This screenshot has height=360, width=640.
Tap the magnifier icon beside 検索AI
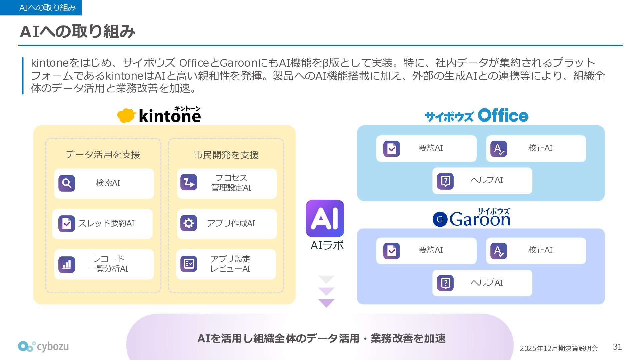point(67,183)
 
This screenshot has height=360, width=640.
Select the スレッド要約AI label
point(106,223)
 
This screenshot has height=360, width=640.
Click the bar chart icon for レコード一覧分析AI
point(67,264)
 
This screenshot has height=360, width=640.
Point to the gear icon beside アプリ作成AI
point(189,223)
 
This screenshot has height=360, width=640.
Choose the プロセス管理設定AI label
point(231,183)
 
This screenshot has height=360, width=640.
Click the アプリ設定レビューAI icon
point(189,264)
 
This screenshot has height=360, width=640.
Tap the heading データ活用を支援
point(103,155)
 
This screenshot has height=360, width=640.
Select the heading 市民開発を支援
point(226,155)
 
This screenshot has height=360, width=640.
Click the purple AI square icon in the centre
point(325,219)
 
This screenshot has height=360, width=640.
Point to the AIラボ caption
point(327,245)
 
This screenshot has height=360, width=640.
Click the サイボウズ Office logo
point(476,116)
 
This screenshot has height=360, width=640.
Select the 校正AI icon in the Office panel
point(499,149)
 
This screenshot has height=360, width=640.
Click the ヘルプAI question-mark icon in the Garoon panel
point(445,283)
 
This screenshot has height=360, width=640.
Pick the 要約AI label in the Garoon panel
point(431,250)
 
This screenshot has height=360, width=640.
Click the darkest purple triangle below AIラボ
point(326,303)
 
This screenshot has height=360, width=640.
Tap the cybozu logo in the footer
point(43,347)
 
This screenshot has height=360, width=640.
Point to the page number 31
point(617,347)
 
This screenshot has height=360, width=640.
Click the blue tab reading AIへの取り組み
point(41,8)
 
